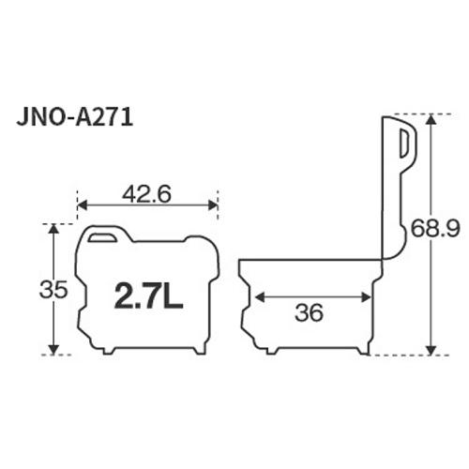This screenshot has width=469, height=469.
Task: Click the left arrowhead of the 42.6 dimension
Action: pos(81,204)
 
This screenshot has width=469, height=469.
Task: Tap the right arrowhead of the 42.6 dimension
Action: pos(214,204)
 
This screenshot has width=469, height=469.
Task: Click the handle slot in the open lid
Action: pos(403,146)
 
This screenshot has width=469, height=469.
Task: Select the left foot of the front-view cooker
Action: pos(97,351)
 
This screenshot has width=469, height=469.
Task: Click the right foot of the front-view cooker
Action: pos(198,351)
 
